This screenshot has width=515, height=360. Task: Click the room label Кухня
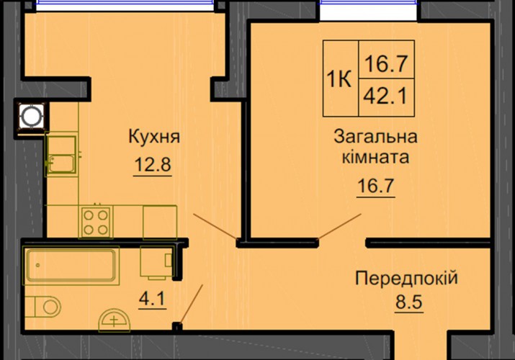click(154, 137)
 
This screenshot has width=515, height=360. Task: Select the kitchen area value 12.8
click(153, 164)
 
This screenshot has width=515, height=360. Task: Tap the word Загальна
click(375, 137)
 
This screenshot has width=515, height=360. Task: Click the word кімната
click(375, 157)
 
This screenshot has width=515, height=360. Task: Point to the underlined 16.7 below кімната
click(376, 186)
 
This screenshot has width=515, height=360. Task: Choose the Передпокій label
click(406, 279)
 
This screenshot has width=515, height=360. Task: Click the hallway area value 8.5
click(409, 302)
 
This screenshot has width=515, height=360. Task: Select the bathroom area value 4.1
click(153, 299)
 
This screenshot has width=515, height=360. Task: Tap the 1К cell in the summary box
click(339, 78)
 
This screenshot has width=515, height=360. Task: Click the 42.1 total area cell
click(386, 96)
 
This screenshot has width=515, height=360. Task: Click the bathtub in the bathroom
click(71, 265)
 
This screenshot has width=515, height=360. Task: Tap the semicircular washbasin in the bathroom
click(115, 319)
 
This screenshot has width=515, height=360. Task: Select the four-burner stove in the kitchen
click(96, 222)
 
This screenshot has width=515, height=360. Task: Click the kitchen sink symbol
click(61, 155)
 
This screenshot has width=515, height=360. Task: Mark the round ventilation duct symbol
click(32, 116)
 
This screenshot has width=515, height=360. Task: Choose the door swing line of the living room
click(339, 226)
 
